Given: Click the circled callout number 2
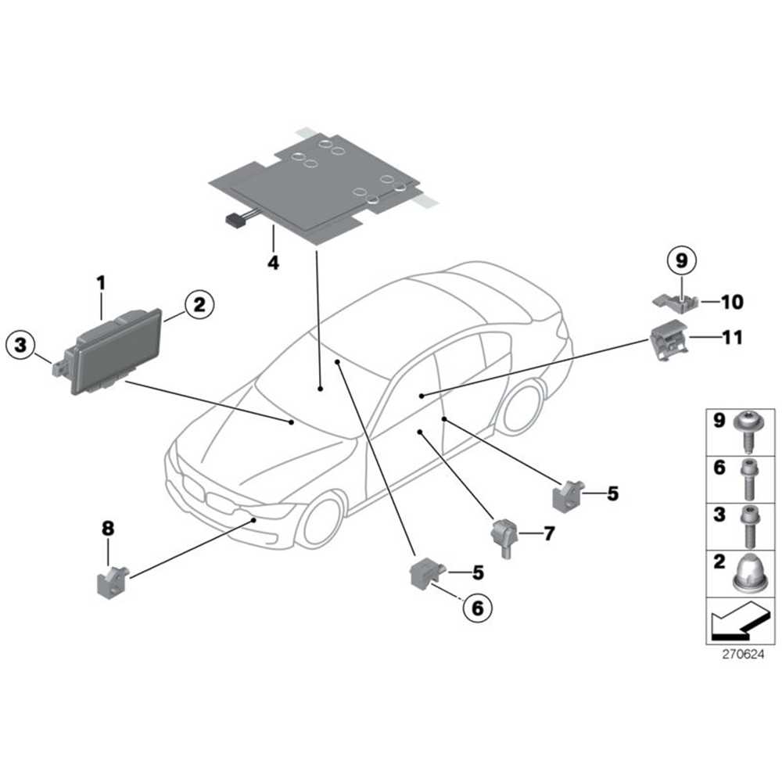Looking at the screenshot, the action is (x=199, y=304).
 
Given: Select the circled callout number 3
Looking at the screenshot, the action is (x=20, y=345).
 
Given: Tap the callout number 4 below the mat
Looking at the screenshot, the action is (x=273, y=262).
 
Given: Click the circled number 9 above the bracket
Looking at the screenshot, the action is (x=682, y=260).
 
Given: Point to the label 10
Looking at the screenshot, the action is (x=732, y=302).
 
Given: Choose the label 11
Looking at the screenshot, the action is (x=733, y=337).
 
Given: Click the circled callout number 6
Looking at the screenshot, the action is (x=477, y=608).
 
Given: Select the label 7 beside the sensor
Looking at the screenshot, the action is (x=549, y=533).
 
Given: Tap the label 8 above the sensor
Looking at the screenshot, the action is (x=108, y=528).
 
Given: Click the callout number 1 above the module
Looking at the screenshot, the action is (x=101, y=283).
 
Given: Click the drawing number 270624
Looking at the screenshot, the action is (x=743, y=654).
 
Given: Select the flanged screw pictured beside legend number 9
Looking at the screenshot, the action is (x=748, y=431).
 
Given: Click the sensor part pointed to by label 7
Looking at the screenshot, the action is (x=504, y=537).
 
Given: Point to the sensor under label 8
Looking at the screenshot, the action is (x=112, y=582).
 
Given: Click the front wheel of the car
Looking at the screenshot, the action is (x=321, y=521).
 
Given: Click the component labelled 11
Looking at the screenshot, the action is (x=669, y=339).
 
